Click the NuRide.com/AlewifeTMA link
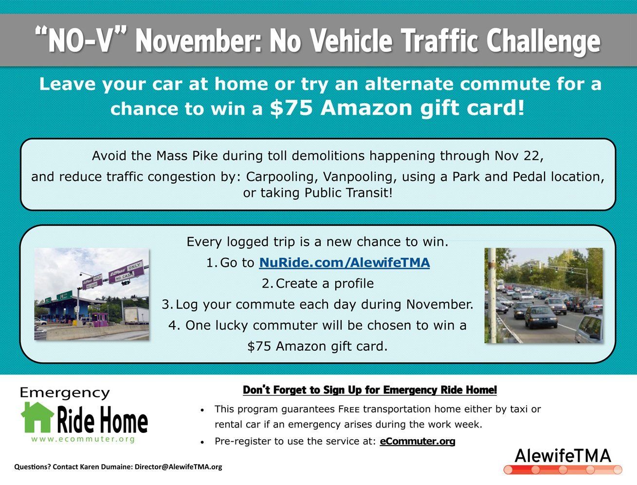(344, 263)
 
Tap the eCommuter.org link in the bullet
(417, 441)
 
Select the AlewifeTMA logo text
(562, 455)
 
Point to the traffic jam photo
(544, 295)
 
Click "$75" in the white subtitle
(291, 108)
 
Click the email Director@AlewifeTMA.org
(178, 466)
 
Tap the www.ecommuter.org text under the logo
(83, 439)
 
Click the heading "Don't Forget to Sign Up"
(369, 390)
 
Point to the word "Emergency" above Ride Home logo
(65, 393)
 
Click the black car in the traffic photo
(541, 316)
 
